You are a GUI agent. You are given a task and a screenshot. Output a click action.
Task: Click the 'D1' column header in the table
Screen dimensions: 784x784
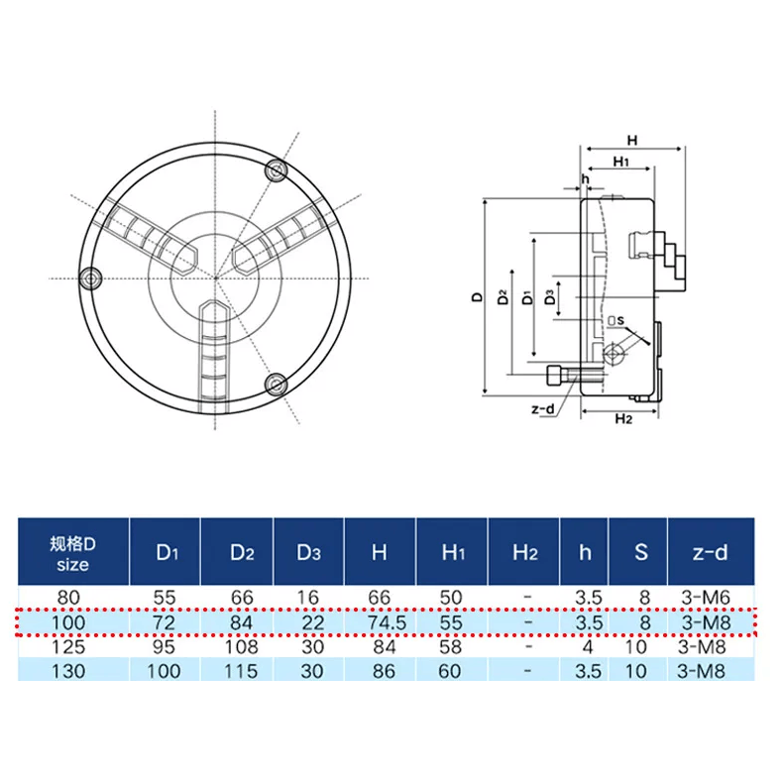[x=164, y=552]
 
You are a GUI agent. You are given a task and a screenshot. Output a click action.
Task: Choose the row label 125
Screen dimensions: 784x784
[x=69, y=647]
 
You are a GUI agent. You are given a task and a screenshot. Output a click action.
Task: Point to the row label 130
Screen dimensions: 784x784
[x=69, y=671]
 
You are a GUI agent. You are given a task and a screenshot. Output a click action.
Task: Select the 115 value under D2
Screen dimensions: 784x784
[x=237, y=671]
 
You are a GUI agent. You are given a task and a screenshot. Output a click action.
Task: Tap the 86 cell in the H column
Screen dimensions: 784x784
[x=379, y=671]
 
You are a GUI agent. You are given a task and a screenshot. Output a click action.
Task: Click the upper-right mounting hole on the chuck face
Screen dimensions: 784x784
[x=277, y=171]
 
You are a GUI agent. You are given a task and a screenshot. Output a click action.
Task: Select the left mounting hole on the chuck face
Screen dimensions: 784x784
[x=92, y=279]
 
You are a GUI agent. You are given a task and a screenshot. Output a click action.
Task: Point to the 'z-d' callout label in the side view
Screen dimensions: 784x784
[x=543, y=409]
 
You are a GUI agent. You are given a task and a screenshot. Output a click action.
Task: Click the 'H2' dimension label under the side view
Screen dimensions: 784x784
[x=622, y=419]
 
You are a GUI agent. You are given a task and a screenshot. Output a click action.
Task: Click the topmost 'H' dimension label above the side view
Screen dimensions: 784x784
[x=631, y=140]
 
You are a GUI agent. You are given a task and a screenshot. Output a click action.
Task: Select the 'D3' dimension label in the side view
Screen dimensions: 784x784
[x=552, y=296]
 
